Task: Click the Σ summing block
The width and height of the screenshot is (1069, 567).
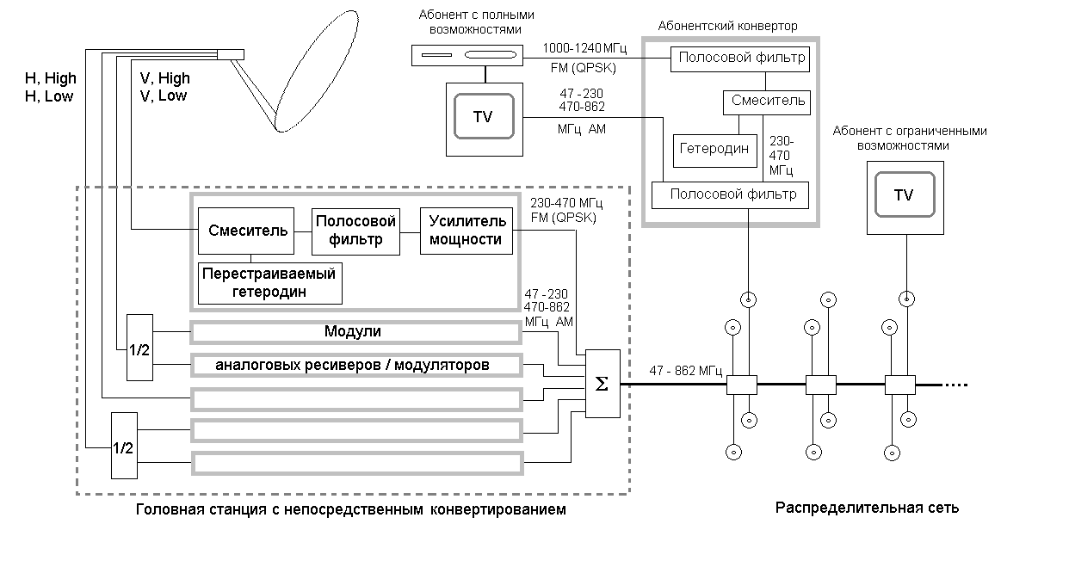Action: tap(602, 384)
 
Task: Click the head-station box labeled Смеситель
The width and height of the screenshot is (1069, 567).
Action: tap(245, 230)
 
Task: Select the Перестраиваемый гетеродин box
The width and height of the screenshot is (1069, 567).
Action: tap(268, 283)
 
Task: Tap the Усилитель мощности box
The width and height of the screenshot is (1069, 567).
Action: tap(466, 231)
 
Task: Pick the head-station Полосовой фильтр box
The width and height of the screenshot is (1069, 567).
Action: tap(355, 231)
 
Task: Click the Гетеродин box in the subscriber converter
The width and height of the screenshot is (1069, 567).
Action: tap(714, 150)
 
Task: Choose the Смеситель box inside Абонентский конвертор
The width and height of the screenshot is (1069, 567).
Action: tap(768, 102)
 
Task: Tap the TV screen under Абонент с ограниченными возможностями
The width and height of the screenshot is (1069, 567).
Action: tap(903, 195)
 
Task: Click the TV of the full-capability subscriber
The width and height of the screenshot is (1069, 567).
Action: tap(484, 117)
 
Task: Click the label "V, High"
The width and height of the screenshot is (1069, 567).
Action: tap(164, 79)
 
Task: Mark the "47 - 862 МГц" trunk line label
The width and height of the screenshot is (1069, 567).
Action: tap(686, 371)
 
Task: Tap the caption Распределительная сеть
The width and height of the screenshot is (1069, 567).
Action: tap(867, 508)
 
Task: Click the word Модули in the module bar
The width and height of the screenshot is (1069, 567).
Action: tap(353, 332)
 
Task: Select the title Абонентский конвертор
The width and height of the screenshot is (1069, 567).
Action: tap(727, 26)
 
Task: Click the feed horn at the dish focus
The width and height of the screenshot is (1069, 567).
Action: tap(231, 55)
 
